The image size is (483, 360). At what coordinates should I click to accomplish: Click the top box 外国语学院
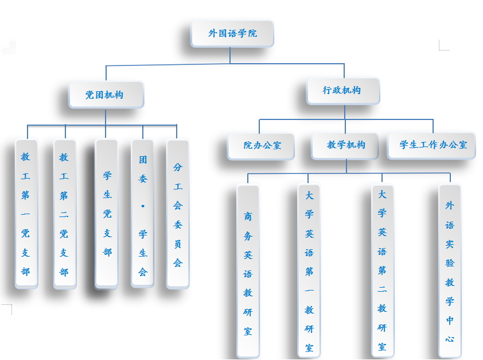click(x=232, y=33)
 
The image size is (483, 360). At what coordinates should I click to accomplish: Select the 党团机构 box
click(x=106, y=95)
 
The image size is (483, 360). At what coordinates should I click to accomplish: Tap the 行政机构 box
click(x=343, y=91)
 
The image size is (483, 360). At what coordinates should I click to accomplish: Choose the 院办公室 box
click(x=262, y=145)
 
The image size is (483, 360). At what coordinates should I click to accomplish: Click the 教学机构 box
click(x=345, y=145)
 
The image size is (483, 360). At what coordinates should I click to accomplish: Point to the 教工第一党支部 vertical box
click(x=26, y=214)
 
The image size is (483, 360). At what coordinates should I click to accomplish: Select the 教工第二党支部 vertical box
click(x=64, y=214)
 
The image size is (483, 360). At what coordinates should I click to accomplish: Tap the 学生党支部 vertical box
click(x=107, y=214)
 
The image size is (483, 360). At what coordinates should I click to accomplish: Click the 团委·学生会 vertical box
click(x=143, y=214)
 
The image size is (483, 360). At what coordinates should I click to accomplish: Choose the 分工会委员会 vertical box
click(x=178, y=214)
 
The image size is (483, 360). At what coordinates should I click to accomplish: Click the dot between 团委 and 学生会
click(x=143, y=206)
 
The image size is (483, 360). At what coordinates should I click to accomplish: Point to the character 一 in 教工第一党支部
click(x=26, y=214)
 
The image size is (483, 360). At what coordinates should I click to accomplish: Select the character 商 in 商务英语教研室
click(x=248, y=216)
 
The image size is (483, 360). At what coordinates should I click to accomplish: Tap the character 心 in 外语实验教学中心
click(x=450, y=339)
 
